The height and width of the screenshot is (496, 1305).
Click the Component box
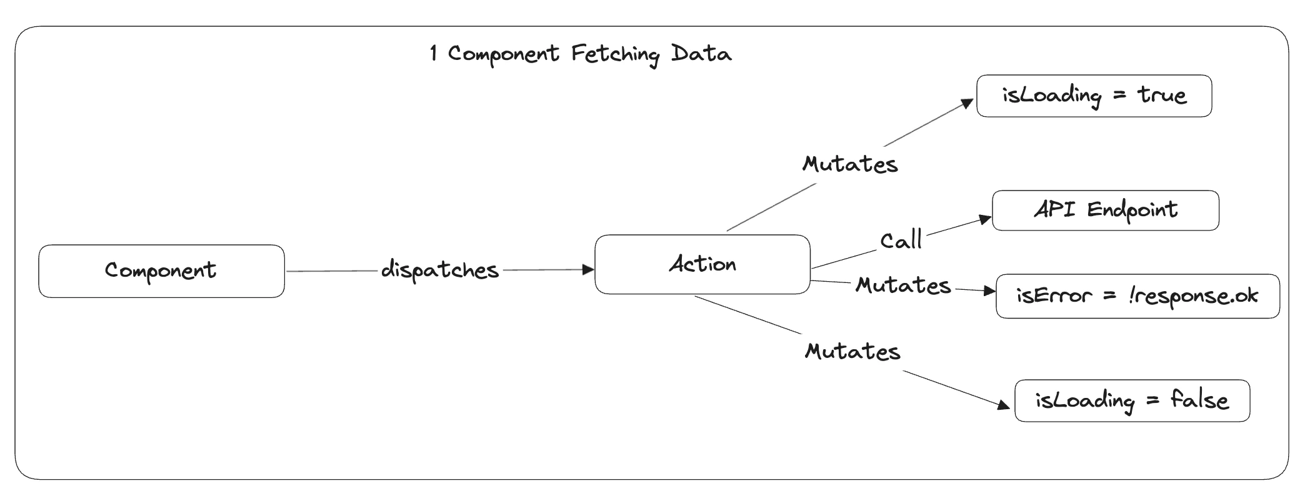point(161,271)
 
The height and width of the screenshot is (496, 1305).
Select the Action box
point(702,264)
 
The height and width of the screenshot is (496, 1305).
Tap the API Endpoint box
point(1105,211)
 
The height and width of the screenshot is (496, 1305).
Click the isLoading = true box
point(1094,96)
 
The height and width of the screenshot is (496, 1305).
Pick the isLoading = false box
point(1132,400)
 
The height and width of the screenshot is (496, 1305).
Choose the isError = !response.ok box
point(1137,296)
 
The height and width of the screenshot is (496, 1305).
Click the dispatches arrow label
point(440,270)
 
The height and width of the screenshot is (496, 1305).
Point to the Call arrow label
point(901,241)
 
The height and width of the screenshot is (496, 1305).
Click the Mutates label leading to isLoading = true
point(850,164)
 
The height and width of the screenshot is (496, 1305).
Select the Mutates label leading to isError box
point(903,286)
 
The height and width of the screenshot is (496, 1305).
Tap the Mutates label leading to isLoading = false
point(852,352)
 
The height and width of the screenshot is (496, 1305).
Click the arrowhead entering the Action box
point(587,270)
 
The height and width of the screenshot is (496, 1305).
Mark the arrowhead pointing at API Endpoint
point(985,219)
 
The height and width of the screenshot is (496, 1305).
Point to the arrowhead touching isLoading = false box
point(1003,405)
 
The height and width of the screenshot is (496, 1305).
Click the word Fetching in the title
point(615,54)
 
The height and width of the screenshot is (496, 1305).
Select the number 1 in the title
point(433,54)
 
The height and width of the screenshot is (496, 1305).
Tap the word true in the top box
point(1161,96)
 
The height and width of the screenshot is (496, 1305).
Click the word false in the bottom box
point(1199,400)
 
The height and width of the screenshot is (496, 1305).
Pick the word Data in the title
point(701,54)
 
